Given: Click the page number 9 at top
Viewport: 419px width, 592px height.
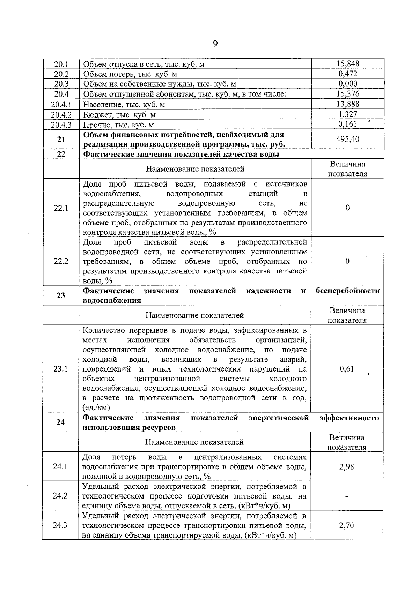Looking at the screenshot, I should point(215,44).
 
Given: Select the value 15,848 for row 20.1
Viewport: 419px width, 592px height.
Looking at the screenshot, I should point(347,63).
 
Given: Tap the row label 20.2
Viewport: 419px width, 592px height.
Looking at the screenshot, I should point(61,74).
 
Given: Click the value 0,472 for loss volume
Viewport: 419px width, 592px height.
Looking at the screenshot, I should point(347,74).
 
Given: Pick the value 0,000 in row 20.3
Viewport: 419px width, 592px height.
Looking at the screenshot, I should point(347,84).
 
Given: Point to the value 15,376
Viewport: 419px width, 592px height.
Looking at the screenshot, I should point(347,94).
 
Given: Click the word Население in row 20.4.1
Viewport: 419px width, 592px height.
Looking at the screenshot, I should point(99,104).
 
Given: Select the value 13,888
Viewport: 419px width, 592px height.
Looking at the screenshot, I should point(347,104).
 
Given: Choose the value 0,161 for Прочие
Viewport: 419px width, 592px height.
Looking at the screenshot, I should point(347,124).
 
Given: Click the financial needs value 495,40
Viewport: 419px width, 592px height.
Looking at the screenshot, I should point(347,139).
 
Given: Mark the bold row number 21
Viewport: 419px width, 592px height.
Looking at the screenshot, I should point(61,139).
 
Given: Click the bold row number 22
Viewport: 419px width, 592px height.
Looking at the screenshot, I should point(61,154).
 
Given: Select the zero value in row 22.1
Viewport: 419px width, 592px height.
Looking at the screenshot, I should point(347,208).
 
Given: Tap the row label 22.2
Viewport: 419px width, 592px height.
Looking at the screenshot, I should point(61,261).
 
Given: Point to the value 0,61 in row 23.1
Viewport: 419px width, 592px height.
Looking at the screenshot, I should point(347,369).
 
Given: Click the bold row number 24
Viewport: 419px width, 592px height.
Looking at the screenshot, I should point(60,422).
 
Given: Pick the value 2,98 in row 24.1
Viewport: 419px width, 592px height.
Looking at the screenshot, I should point(346,466).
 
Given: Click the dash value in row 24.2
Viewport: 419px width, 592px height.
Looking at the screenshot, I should point(346,496).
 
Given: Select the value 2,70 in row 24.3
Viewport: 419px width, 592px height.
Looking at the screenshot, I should point(346,525).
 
